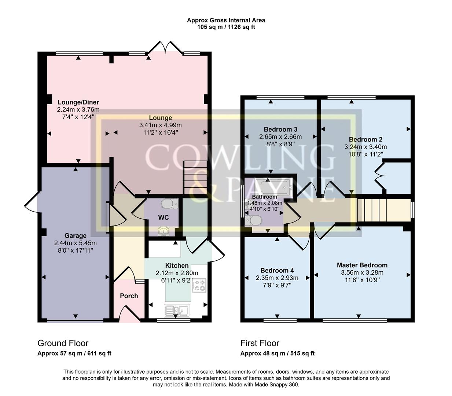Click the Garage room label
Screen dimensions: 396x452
coord(76,236)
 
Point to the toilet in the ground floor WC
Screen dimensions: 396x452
coord(170,203)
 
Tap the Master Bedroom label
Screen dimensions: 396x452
coord(362,265)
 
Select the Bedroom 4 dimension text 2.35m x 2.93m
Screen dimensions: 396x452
coord(277,278)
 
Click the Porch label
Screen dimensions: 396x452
coord(129,296)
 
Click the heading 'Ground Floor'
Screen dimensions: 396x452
coord(63,343)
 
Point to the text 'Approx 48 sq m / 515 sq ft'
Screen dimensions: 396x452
coord(277,353)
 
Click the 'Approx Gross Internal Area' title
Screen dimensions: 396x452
coord(226,21)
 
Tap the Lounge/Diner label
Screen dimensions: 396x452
coord(78,102)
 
